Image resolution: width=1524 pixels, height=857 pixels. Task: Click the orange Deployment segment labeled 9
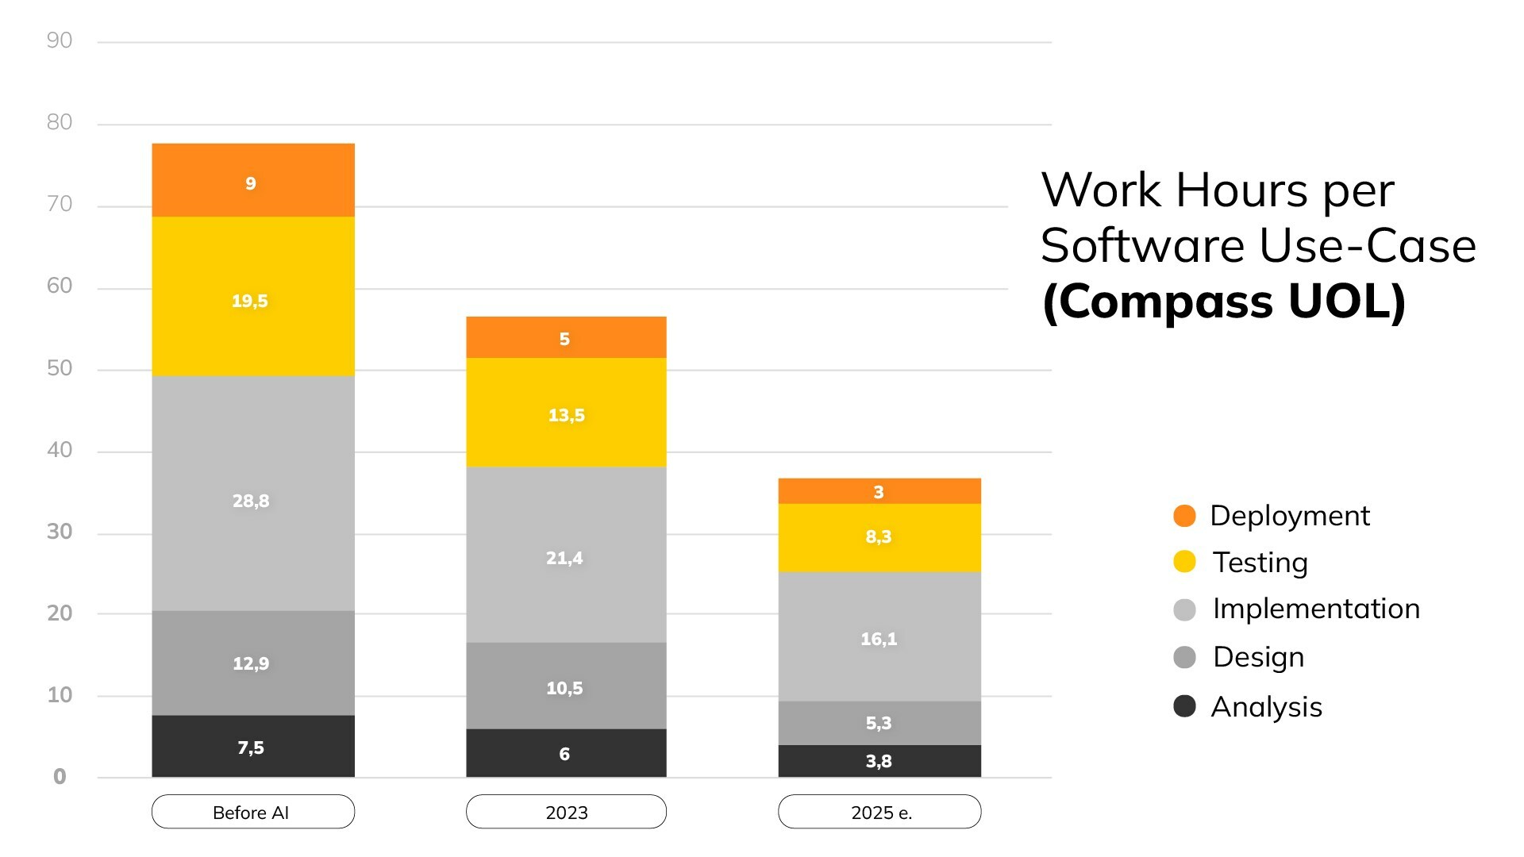253,180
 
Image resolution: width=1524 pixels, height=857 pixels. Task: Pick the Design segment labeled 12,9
253,663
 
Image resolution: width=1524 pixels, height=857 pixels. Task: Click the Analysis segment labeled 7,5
253,746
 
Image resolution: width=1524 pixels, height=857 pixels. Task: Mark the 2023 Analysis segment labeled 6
566,753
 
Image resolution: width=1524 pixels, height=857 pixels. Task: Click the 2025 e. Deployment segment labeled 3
879,491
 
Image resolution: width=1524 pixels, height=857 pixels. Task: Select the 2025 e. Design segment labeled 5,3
879,723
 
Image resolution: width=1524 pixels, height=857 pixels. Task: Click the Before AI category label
252,812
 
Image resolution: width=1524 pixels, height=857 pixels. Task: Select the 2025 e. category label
879,812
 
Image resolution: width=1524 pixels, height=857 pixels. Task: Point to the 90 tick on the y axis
60,40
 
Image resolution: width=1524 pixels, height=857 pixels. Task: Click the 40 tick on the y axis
60,450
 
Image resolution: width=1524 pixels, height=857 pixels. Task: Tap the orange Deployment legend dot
1184,516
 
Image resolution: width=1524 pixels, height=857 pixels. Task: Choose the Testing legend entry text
1260,563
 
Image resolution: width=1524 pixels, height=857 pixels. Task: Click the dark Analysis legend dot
1184,706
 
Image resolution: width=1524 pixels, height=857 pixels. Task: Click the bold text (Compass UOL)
1223,302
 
